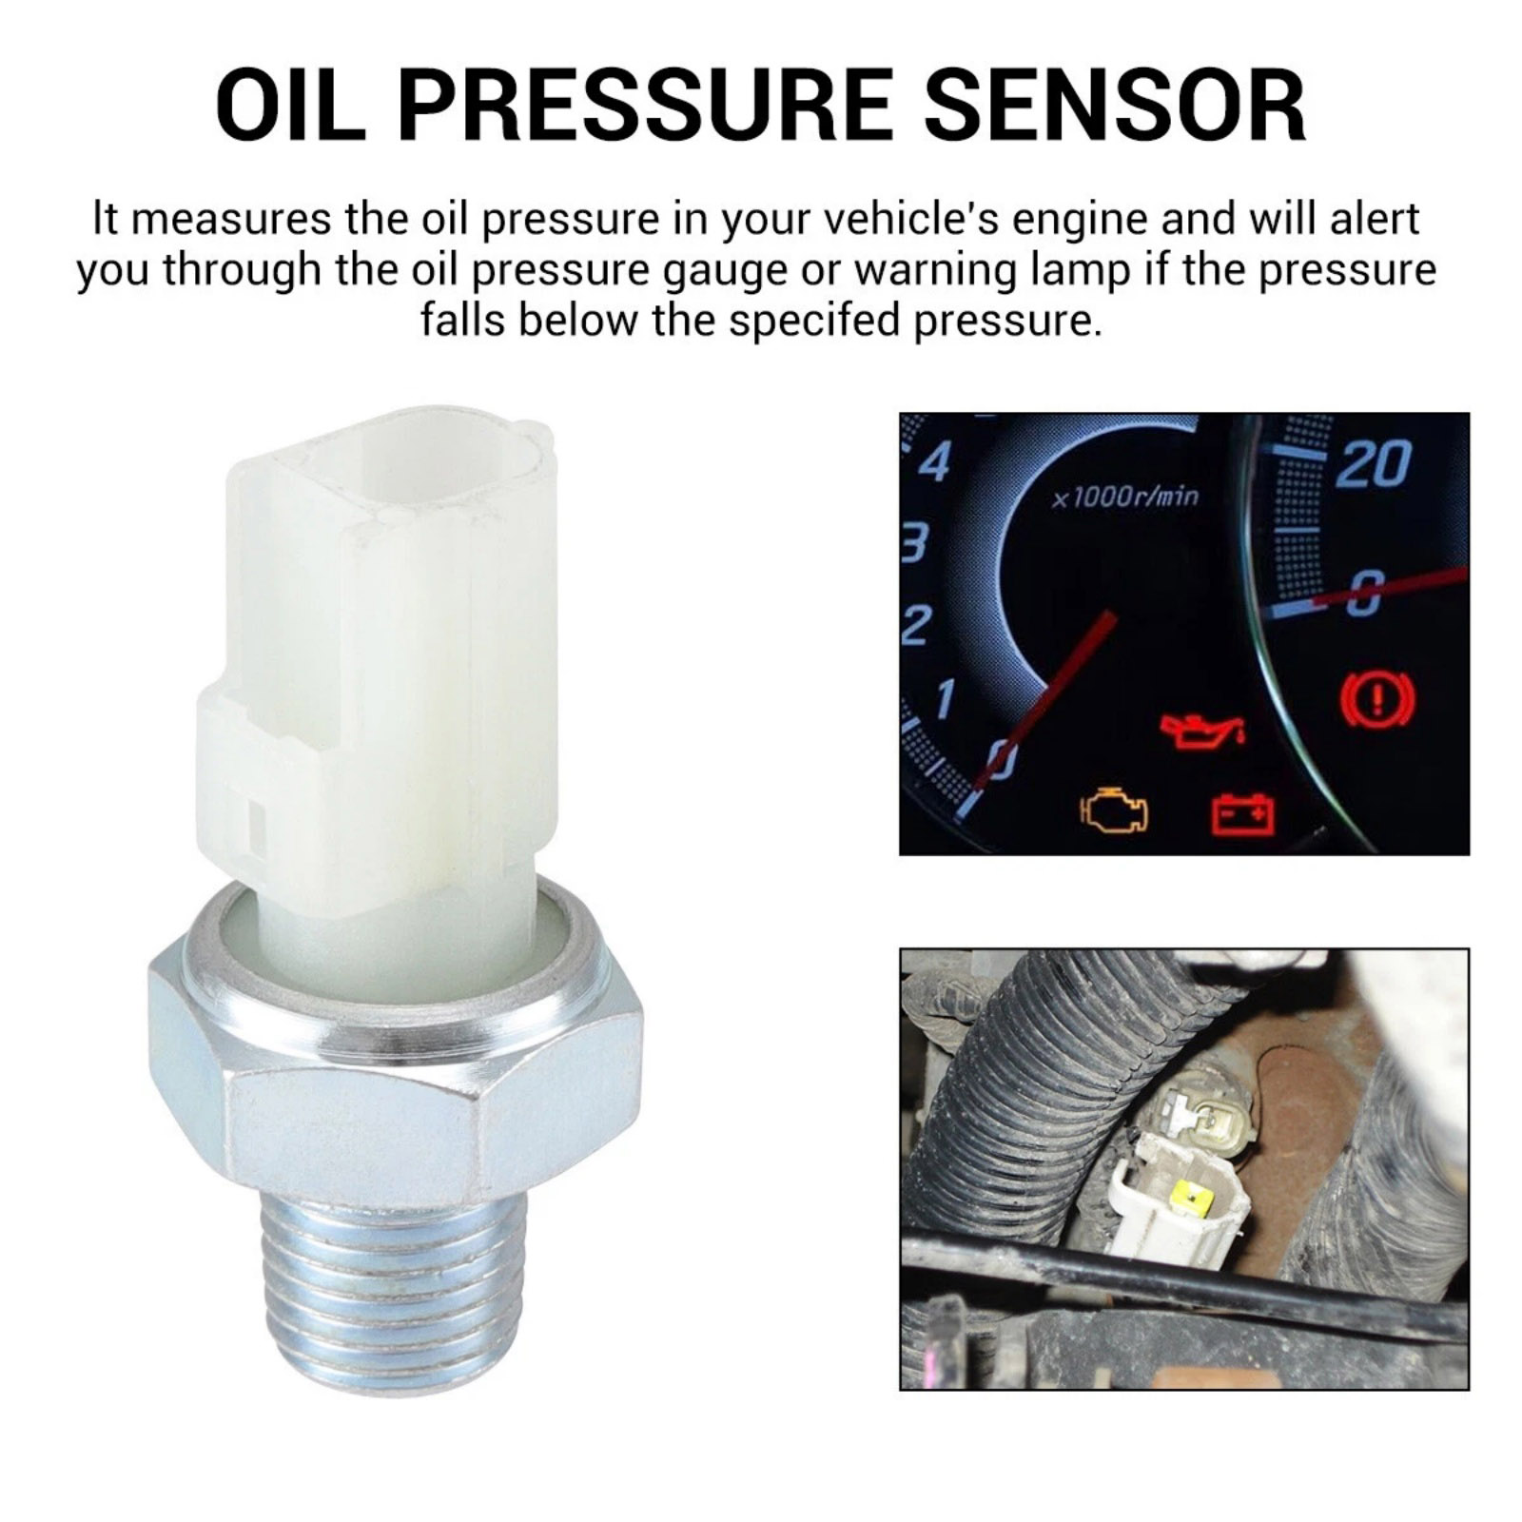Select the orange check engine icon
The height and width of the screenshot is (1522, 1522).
pyautogui.click(x=1114, y=810)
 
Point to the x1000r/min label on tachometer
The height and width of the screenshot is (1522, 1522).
pyautogui.click(x=1125, y=497)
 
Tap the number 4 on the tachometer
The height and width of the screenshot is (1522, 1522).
pyautogui.click(x=936, y=463)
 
